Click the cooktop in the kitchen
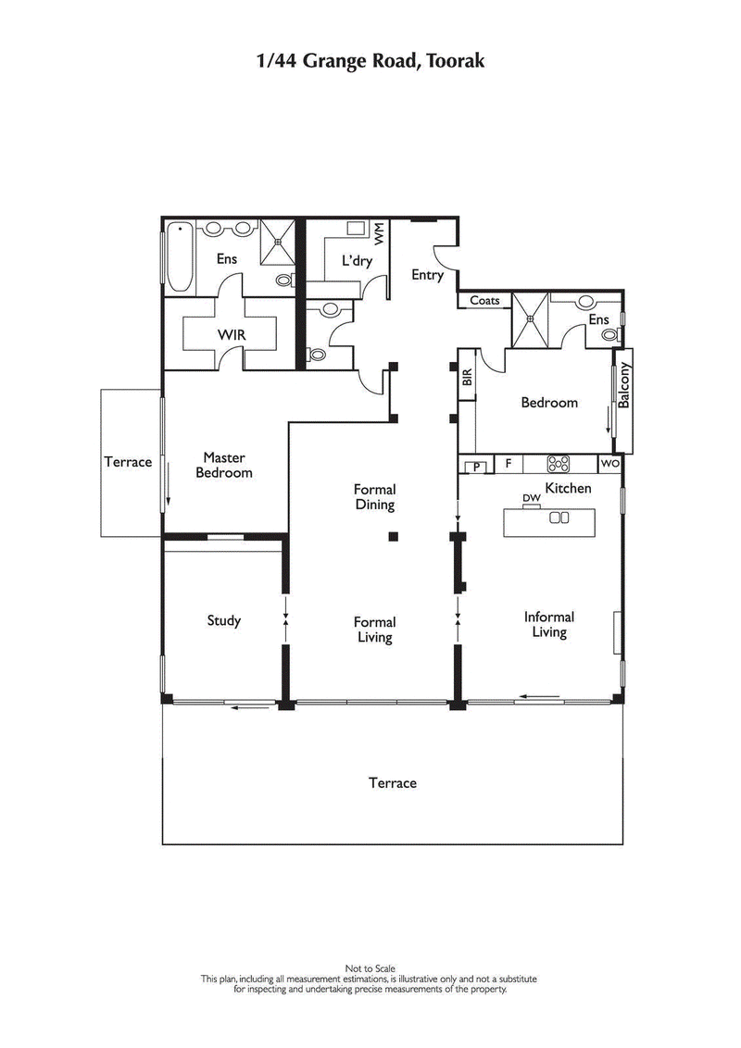coord(558,464)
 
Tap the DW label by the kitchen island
coord(531,499)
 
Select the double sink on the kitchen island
coord(559,518)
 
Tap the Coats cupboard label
coord(484,301)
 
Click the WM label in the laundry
coord(380,233)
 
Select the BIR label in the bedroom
coord(467,378)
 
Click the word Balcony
coord(623,385)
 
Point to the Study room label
coord(223,620)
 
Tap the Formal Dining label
coord(374,497)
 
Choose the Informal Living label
coord(548,624)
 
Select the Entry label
coord(428,275)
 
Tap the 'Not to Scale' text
coord(369,968)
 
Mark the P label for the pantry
coord(477,468)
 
